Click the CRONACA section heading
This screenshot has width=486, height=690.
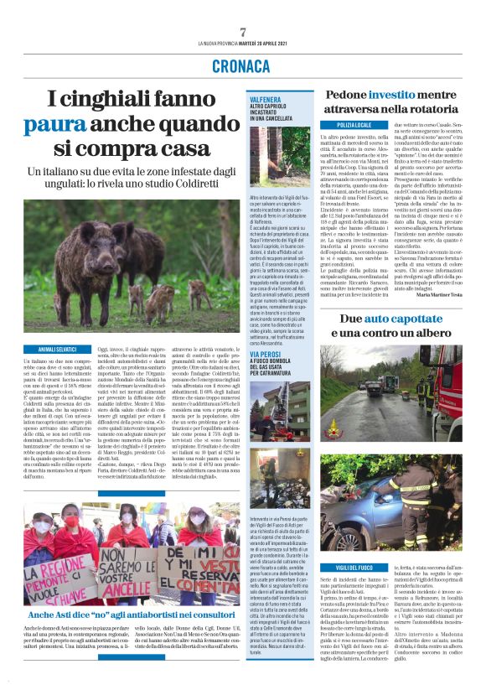[x=242, y=65]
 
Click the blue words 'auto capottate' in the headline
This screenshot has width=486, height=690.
[x=390, y=319]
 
